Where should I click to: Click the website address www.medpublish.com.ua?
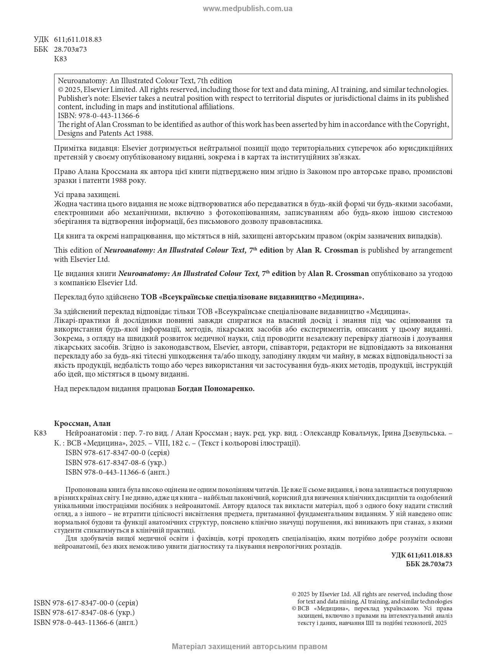(247, 9)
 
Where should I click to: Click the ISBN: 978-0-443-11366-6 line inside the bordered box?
(98, 115)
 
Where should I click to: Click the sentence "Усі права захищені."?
(87, 194)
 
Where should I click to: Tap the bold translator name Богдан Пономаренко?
(216, 388)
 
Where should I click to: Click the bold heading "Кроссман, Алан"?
(82, 423)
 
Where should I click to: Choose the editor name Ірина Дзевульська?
(416, 433)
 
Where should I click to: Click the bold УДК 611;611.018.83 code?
(422, 555)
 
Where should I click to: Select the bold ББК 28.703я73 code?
(429, 564)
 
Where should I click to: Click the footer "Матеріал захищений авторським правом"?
(249, 646)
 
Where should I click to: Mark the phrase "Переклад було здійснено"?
(96, 297)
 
